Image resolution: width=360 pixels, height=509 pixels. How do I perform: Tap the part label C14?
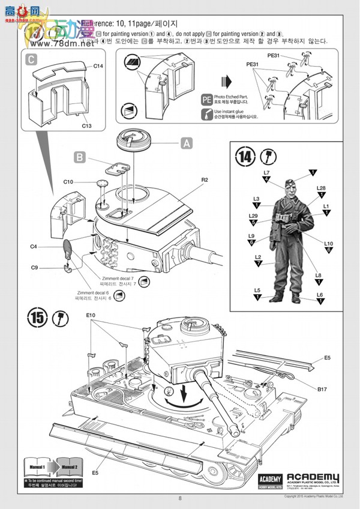(x=98, y=65)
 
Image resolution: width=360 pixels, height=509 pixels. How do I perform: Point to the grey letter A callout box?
(x=187, y=143)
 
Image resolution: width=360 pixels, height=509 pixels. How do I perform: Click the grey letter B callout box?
(x=80, y=157)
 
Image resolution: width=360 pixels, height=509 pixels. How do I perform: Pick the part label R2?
(x=205, y=179)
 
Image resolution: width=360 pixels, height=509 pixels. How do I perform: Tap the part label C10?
(x=68, y=181)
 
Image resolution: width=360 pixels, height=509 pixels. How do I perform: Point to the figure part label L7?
(x=266, y=173)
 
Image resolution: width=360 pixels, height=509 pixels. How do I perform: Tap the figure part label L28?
(x=321, y=188)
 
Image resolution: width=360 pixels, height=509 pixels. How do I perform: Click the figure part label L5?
(x=257, y=290)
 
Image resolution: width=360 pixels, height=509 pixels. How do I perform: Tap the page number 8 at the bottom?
(x=179, y=498)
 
